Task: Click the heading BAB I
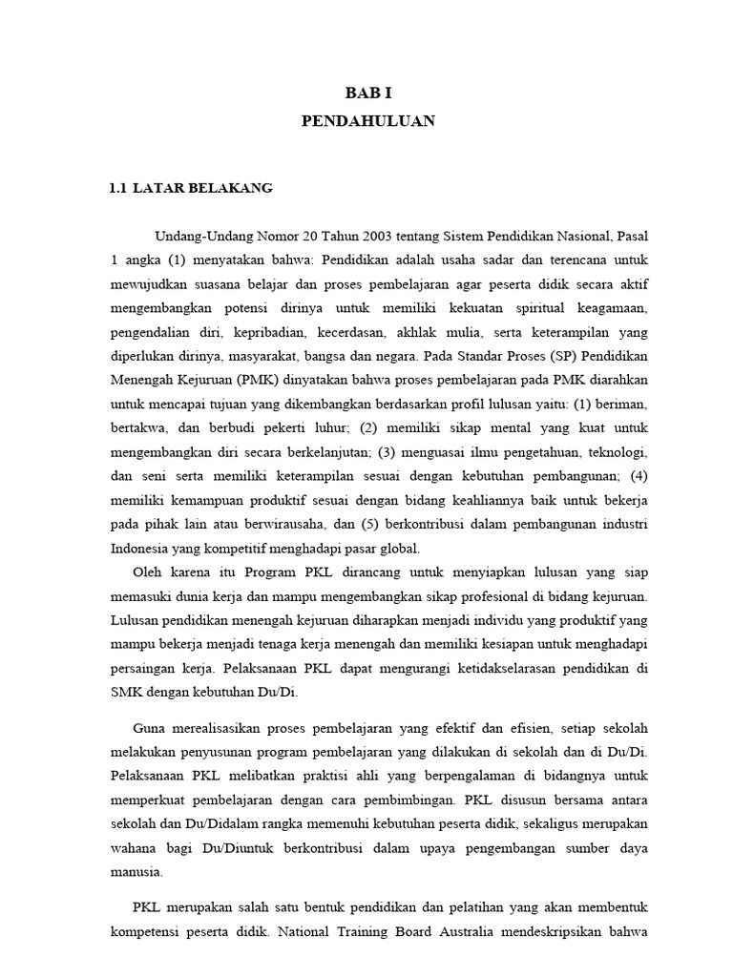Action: pyautogui.click(x=367, y=94)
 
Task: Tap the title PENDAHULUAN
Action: pyautogui.click(x=367, y=121)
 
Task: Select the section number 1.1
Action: pyautogui.click(x=117, y=188)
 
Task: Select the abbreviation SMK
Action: pyautogui.click(x=126, y=670)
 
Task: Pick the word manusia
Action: pyautogui.click(x=136, y=871)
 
